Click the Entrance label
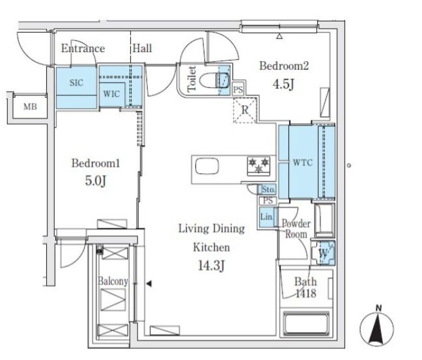(x=83, y=48)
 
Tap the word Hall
(x=143, y=48)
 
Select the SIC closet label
(x=76, y=83)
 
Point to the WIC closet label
(x=111, y=94)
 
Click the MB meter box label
(x=30, y=107)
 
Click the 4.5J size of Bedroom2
(x=283, y=85)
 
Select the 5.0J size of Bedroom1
(x=96, y=180)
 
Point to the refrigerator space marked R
(x=245, y=110)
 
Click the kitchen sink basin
(x=207, y=166)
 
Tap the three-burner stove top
(x=259, y=166)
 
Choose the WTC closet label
(x=303, y=163)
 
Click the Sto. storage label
(x=268, y=189)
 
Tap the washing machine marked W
(x=323, y=253)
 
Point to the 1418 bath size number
(x=306, y=294)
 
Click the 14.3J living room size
(x=211, y=266)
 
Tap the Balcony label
(x=113, y=281)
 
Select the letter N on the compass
(x=378, y=309)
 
